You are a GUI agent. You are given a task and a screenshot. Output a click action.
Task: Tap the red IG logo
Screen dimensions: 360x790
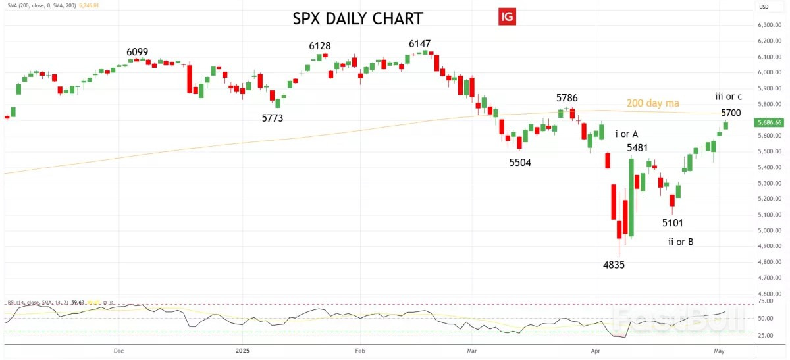coord(506,18)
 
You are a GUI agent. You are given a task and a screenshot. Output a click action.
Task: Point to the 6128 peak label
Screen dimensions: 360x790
coord(320,45)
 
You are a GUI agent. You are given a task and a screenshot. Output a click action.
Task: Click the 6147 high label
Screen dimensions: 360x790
coord(419,43)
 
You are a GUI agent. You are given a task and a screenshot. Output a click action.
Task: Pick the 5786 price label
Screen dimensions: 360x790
coord(567,98)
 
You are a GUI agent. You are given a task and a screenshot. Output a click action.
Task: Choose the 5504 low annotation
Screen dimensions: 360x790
coord(521,162)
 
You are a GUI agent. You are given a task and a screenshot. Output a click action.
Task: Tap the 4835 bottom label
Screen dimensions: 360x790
coord(614,265)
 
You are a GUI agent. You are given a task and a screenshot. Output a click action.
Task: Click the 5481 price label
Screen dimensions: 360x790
coord(638,148)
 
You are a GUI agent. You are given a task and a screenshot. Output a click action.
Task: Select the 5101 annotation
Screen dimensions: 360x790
coord(673,222)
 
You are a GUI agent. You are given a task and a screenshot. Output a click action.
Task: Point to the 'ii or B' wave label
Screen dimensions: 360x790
coord(680,242)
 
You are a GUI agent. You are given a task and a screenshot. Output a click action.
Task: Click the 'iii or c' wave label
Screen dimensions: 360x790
coord(729,97)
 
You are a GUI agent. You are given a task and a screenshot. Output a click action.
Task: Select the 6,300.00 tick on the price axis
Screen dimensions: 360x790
coord(769,25)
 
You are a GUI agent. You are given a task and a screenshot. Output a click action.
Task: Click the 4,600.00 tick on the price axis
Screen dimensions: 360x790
coord(769,294)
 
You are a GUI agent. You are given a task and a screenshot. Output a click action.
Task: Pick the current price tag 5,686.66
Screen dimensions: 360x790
coord(770,122)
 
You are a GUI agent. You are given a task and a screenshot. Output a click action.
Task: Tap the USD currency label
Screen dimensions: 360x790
coord(764,7)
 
